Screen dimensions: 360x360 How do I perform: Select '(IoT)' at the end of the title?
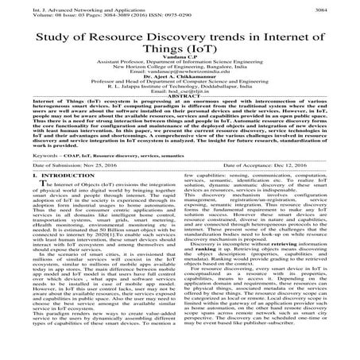click(x=211, y=52)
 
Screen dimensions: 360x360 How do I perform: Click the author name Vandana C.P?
click(x=180, y=65)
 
